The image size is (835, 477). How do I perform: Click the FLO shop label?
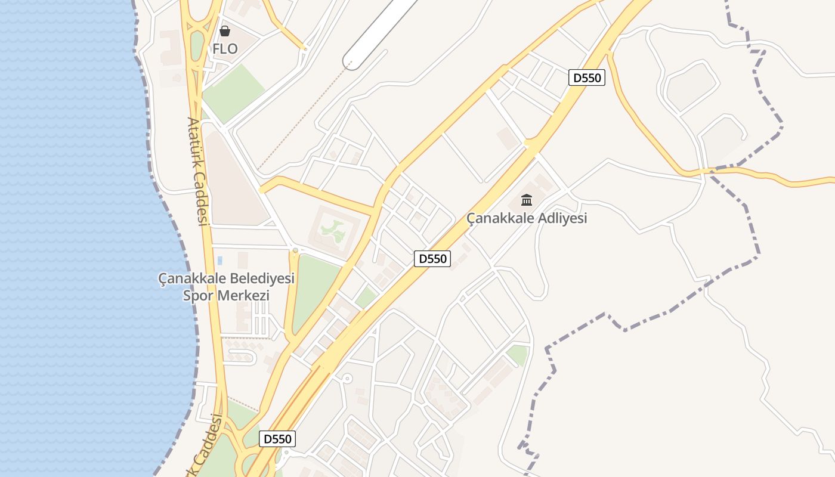[x=225, y=49]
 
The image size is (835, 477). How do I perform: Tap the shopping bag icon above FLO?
[x=225, y=30]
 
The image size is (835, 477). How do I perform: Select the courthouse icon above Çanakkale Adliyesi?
[x=527, y=200]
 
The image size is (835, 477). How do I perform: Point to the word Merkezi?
[x=243, y=295]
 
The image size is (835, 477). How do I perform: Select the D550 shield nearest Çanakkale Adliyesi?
[x=432, y=259]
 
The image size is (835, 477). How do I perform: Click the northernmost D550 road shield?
[x=586, y=78]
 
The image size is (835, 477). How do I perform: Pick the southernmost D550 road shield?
[x=277, y=439]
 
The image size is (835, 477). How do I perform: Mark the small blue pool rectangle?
[x=220, y=260]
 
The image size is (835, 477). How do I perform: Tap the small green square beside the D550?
[x=366, y=297]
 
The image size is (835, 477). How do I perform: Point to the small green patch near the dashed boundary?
[x=518, y=355]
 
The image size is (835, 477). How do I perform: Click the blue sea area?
[x=72, y=238]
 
